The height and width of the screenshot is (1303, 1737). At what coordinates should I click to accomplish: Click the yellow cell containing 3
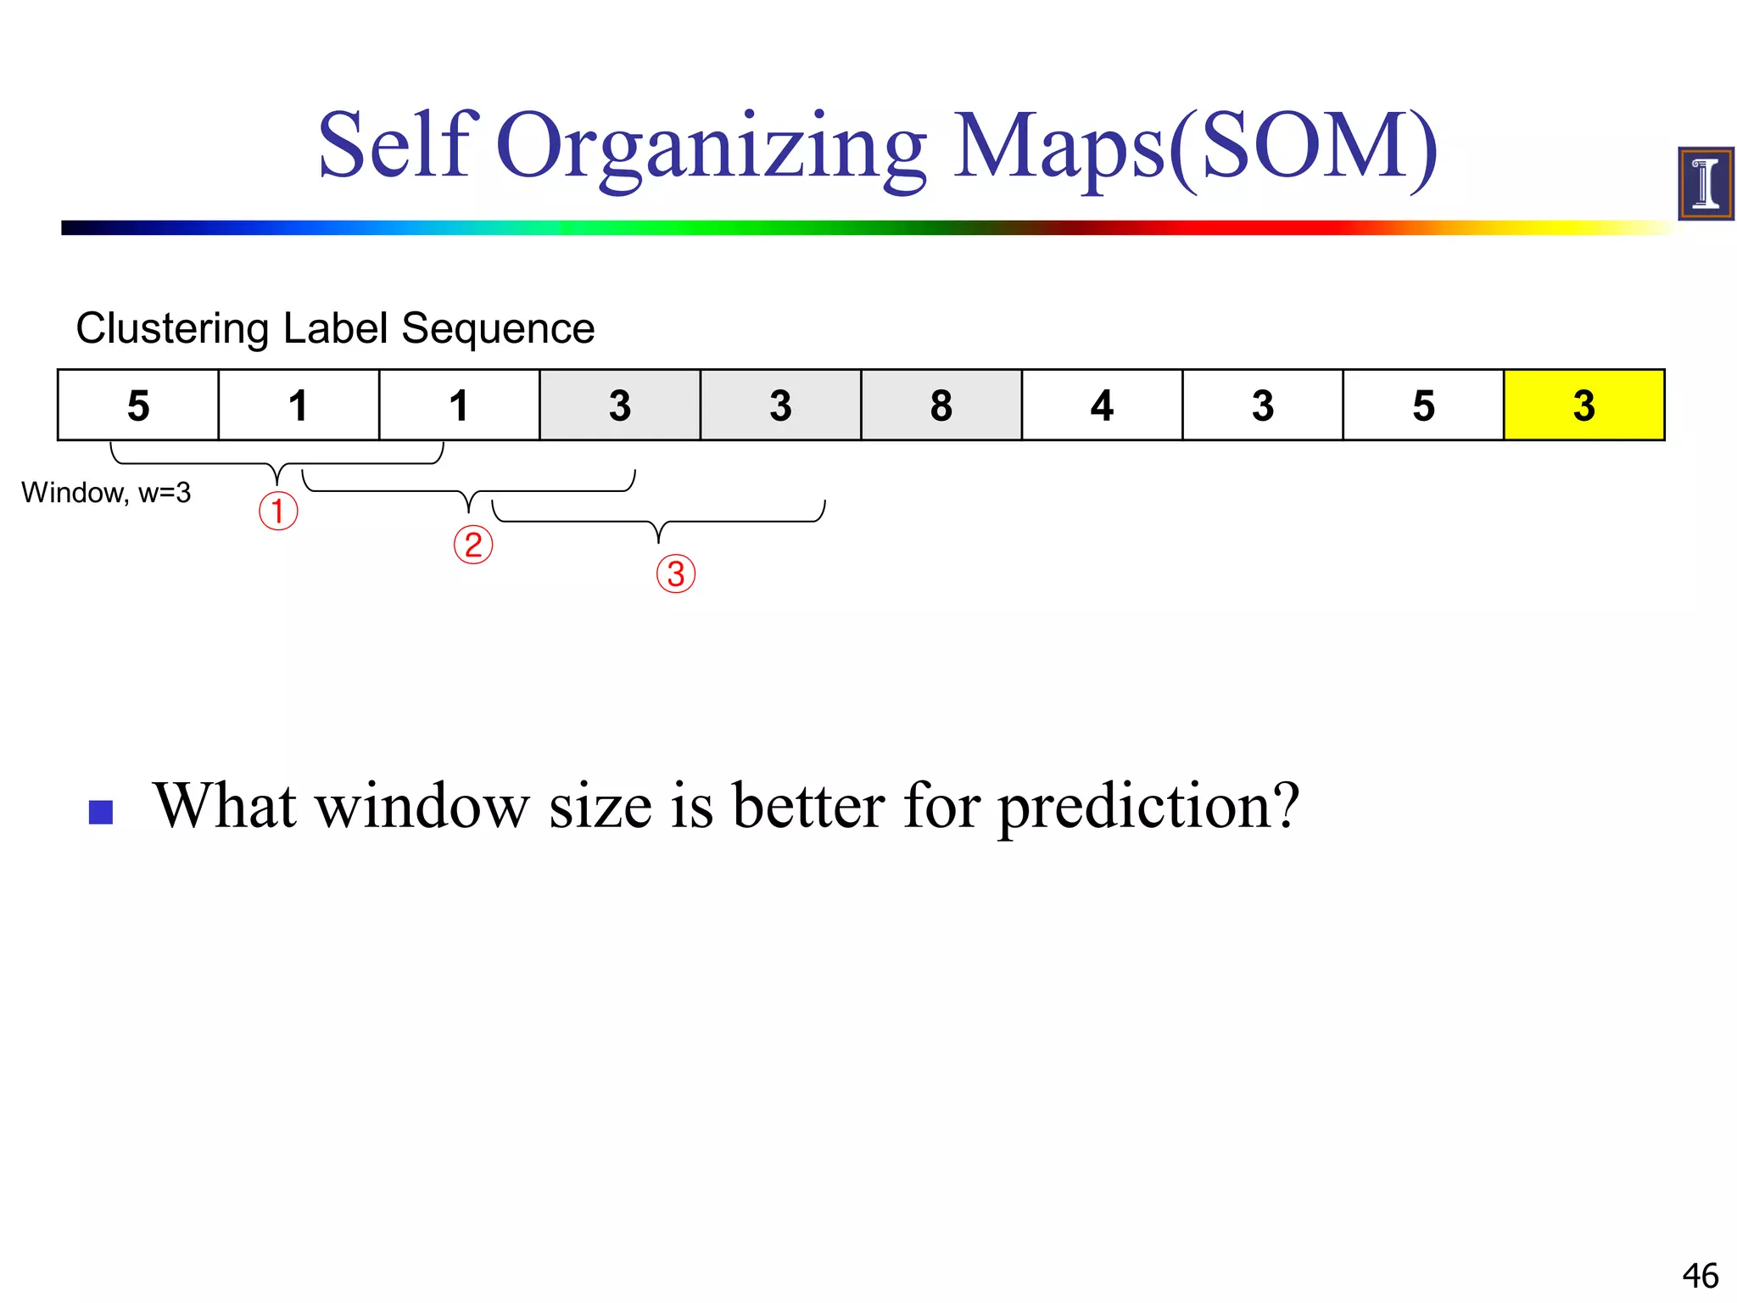click(x=1583, y=405)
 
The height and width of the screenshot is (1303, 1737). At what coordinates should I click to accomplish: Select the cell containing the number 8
click(x=941, y=405)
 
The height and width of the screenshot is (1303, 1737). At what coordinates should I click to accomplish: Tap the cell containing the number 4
click(x=1102, y=405)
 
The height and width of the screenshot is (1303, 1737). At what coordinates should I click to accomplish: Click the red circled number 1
click(x=278, y=512)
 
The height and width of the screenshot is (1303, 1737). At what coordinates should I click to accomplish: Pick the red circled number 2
click(x=472, y=545)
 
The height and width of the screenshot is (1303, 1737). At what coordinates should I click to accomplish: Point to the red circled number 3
click(x=676, y=574)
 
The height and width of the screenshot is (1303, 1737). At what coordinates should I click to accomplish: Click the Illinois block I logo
click(x=1706, y=183)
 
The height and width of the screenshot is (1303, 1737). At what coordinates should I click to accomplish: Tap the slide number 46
click(x=1700, y=1276)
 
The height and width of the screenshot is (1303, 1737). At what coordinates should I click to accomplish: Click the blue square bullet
click(x=101, y=813)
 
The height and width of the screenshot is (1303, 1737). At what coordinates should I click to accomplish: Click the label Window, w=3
click(x=106, y=493)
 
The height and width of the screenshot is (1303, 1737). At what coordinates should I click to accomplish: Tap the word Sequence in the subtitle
click(x=498, y=329)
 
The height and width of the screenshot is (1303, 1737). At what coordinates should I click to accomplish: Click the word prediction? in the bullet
click(x=1148, y=806)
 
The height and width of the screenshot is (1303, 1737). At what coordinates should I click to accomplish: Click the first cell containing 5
click(x=138, y=405)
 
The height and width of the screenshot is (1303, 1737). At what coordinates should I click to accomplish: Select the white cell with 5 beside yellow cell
click(x=1423, y=405)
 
